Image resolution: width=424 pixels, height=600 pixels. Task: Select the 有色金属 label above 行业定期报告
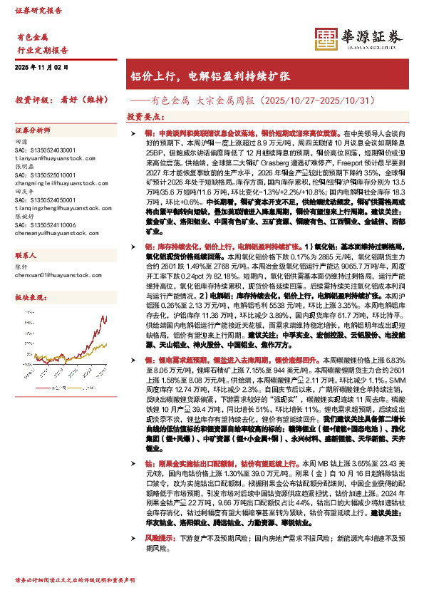pyautogui.click(x=31, y=36)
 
